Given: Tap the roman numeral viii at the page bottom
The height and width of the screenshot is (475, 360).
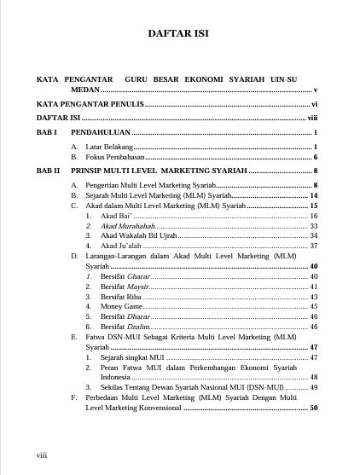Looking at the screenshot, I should [x=41, y=456].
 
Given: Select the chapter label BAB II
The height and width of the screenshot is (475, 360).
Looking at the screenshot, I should [x=48, y=171].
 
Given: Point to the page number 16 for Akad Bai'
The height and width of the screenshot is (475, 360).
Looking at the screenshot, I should [x=314, y=217].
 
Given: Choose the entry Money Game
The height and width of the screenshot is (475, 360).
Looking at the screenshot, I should [x=119, y=306].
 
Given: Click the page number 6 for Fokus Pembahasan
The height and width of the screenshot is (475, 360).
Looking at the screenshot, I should [x=316, y=158].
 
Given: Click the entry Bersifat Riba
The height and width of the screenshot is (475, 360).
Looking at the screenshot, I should [x=120, y=297].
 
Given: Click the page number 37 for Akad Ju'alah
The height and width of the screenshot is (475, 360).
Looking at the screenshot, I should [x=314, y=246].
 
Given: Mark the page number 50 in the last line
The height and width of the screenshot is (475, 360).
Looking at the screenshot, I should [x=314, y=408].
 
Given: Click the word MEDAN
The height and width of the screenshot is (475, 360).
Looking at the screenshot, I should [x=85, y=89].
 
